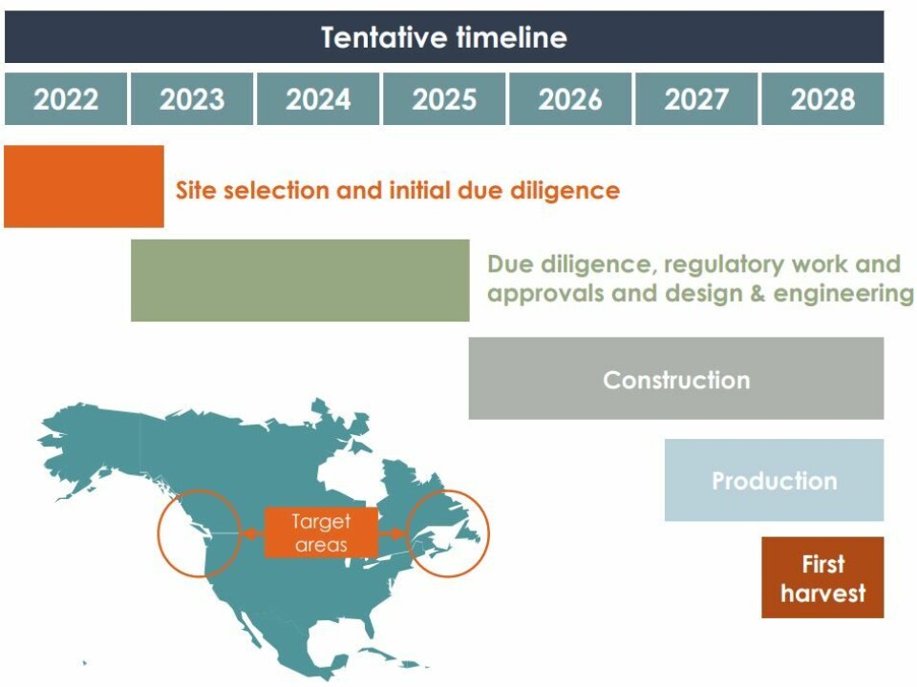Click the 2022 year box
pos(66,99)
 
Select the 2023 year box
pos(192,99)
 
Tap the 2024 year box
pos(318,99)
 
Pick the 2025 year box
pos(444,99)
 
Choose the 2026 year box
pos(570,99)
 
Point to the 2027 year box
pos(696,99)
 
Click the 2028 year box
pos(822,99)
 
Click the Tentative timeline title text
pos(444,37)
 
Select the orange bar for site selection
pos(84,186)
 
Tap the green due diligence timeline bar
pos(300,280)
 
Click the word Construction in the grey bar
pos(676,380)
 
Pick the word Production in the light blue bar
pos(774,481)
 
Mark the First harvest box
pos(822,577)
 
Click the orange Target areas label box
pos(321,533)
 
